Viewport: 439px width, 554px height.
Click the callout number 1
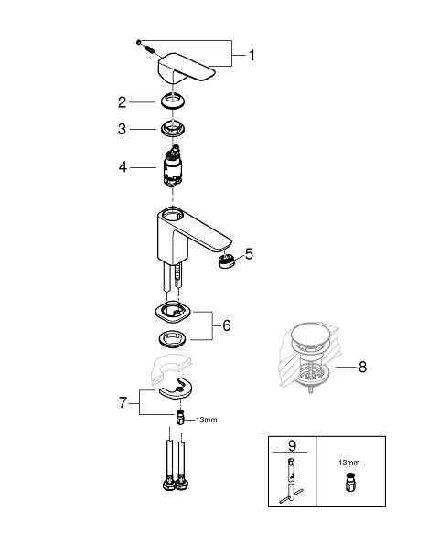[x=252, y=56]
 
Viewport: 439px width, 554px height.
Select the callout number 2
[x=122, y=102]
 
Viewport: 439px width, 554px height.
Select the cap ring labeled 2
[x=172, y=101]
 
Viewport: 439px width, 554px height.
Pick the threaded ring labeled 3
[x=173, y=128]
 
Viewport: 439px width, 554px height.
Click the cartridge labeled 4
[x=173, y=165]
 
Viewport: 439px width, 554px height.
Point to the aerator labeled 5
[x=227, y=261]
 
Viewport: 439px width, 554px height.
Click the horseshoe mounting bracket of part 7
[x=176, y=389]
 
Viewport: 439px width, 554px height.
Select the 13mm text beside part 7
[x=207, y=420]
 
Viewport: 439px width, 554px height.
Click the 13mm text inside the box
[x=348, y=463]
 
